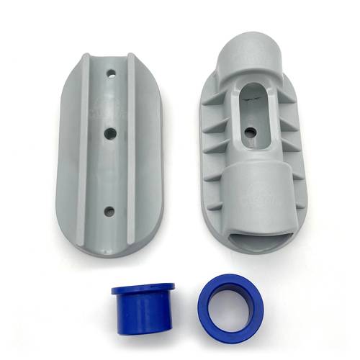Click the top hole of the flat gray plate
[x=112, y=73]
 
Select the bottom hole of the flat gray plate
[x=109, y=211]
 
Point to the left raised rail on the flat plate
[x=85, y=144]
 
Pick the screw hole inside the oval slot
[x=251, y=132]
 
